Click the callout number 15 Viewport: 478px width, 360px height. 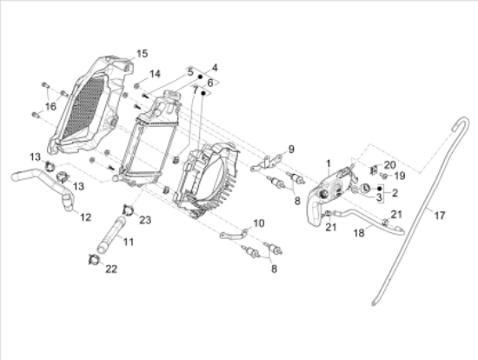click(142, 54)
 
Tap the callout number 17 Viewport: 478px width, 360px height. click(439, 216)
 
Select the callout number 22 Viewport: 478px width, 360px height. click(111, 269)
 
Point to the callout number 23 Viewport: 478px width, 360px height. click(145, 220)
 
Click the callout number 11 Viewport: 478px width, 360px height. click(129, 242)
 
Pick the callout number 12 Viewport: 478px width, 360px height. click(86, 217)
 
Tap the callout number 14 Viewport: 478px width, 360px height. click(155, 74)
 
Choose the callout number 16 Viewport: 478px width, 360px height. click(50, 106)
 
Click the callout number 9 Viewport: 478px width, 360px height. click(291, 150)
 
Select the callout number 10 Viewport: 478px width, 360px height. click(258, 223)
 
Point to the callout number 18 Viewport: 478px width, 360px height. click(359, 233)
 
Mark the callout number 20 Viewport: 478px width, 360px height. click(389, 165)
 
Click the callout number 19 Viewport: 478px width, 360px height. click(400, 176)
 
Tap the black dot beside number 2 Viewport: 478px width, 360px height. click(380, 189)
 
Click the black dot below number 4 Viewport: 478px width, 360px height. click(201, 77)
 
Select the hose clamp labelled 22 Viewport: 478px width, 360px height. click(94, 260)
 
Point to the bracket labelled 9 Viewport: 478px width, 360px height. click(268, 163)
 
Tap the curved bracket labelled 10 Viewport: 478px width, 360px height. click(233, 234)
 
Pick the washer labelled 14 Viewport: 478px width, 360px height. click(136, 86)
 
